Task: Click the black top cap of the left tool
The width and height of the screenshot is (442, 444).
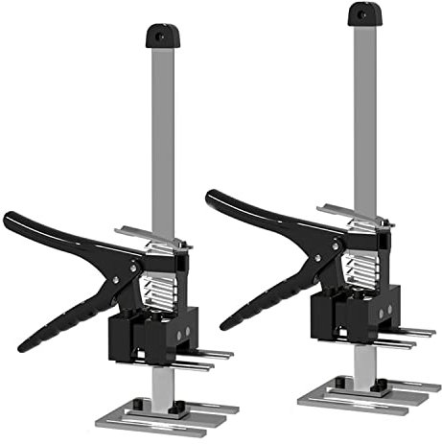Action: tap(160, 36)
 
